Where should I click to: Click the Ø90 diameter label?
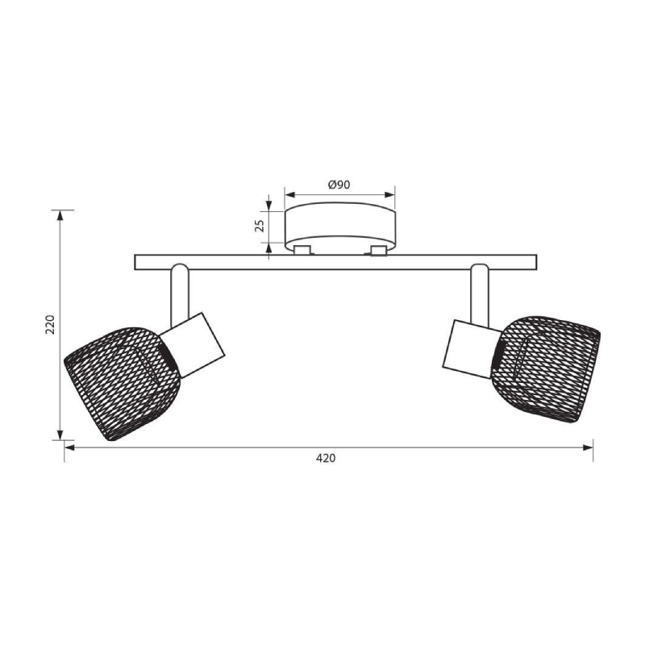coord(339,185)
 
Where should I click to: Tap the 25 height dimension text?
coord(260,226)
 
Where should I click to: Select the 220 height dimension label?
coord(50,325)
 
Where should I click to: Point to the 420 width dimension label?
coord(326,458)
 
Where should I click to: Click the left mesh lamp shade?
coord(123,383)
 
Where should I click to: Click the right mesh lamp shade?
coord(546,368)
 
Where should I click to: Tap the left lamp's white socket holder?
coord(193,345)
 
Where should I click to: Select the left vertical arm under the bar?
coord(180,295)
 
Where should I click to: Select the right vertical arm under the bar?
coord(480,295)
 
